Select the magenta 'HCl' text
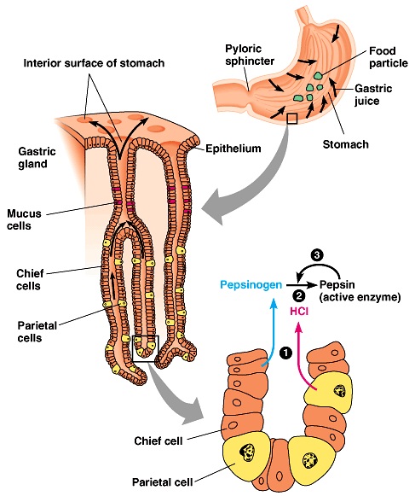click(301, 310)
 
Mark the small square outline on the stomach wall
click(292, 119)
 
